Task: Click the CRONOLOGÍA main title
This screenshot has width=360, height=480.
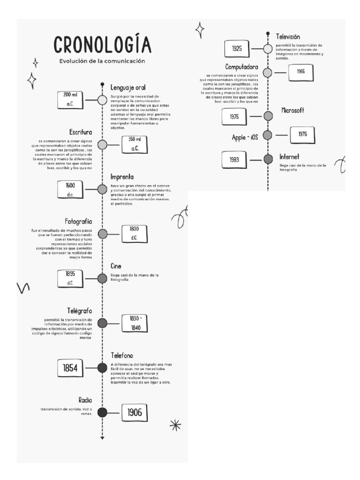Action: (x=102, y=45)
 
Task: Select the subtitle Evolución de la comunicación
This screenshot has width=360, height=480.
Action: (x=102, y=61)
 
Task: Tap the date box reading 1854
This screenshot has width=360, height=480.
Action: (x=70, y=368)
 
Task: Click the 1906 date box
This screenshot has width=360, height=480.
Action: (x=135, y=412)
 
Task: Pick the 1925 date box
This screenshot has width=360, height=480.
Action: (x=237, y=48)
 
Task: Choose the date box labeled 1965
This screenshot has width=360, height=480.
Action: (x=300, y=72)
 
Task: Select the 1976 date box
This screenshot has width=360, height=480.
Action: (x=302, y=135)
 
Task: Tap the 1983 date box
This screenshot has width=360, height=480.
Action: (x=234, y=159)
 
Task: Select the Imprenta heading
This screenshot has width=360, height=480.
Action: (x=122, y=177)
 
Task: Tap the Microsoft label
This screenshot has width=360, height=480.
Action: (x=293, y=110)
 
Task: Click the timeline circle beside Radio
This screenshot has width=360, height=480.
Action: (x=102, y=412)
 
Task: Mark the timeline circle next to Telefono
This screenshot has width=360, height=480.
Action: (x=102, y=368)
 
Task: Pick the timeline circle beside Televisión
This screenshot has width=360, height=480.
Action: (x=268, y=48)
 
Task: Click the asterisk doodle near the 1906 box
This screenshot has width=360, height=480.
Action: (x=175, y=425)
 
